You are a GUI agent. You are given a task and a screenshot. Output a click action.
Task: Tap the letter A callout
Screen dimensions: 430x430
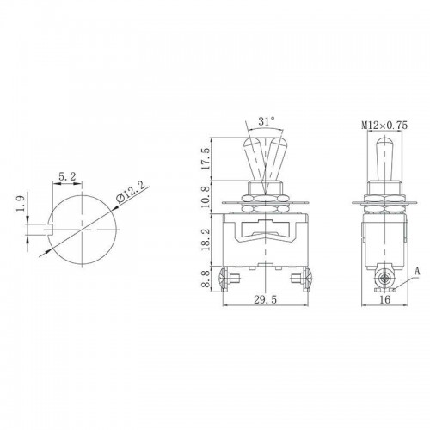[x=417, y=268]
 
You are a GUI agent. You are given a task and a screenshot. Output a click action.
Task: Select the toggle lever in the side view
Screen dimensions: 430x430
[x=379, y=159]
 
